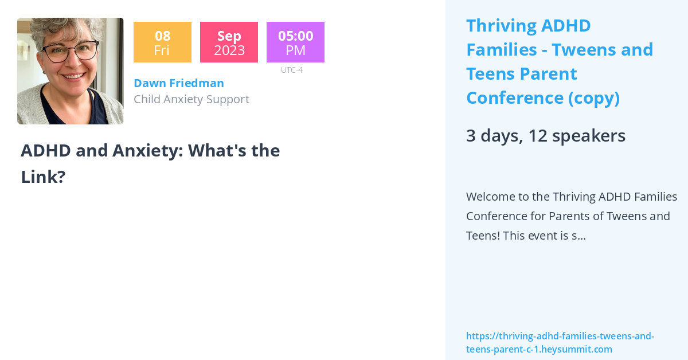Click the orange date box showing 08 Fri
[162, 42]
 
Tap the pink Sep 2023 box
[229, 42]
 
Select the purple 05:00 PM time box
[295, 42]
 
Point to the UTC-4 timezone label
[291, 70]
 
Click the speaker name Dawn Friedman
[178, 83]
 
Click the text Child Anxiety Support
[191, 99]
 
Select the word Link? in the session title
[43, 177]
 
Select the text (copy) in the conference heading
[594, 98]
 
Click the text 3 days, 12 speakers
[545, 136]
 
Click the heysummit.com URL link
[560, 343]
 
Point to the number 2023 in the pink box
[229, 50]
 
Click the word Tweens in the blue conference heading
[577, 50]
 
